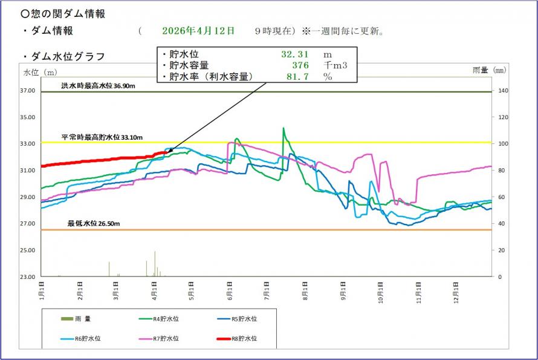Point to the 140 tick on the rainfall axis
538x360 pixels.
coord(502,91)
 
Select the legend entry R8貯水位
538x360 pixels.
coord(241,339)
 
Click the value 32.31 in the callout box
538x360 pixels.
coord(295,54)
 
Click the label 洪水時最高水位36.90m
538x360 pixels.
coord(97,86)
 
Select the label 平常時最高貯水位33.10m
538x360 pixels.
coord(102,137)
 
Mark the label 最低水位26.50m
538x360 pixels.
coord(94,224)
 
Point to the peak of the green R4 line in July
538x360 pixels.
coord(284,128)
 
